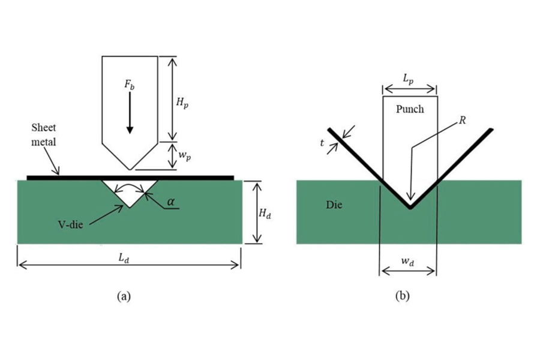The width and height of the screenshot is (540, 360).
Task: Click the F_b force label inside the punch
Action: click(x=130, y=85)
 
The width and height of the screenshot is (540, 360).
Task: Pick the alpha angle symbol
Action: click(x=171, y=202)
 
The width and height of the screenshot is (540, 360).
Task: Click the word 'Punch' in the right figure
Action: click(x=410, y=109)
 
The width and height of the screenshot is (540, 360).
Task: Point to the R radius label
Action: click(x=463, y=120)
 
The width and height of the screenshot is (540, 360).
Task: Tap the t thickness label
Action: click(x=323, y=143)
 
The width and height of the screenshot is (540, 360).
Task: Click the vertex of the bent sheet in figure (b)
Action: click(x=409, y=207)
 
